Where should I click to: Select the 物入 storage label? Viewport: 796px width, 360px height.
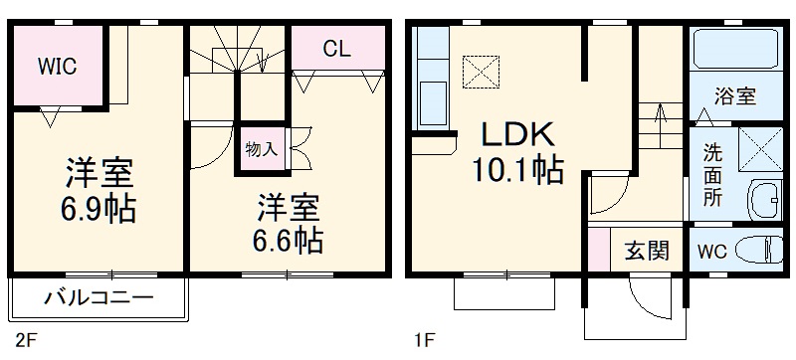pyautogui.click(x=261, y=150)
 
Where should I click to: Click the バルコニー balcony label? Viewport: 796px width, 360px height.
pyautogui.click(x=99, y=297)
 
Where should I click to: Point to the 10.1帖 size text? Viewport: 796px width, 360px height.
pyautogui.click(x=517, y=171)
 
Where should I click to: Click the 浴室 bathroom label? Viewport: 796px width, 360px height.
pyautogui.click(x=735, y=96)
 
